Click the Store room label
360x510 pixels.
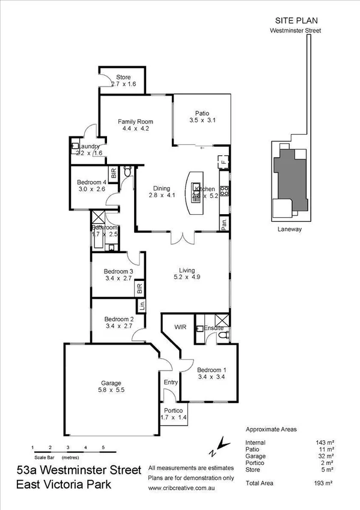click(124, 76)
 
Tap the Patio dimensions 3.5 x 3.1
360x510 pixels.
click(202, 120)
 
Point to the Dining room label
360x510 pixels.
click(160, 187)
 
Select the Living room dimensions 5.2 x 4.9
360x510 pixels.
click(185, 277)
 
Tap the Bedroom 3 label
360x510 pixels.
click(118, 271)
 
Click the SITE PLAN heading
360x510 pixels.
click(293, 19)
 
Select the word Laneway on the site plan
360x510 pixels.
click(289, 229)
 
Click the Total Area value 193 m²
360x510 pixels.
click(325, 483)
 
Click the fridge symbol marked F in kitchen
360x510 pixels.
click(223, 161)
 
